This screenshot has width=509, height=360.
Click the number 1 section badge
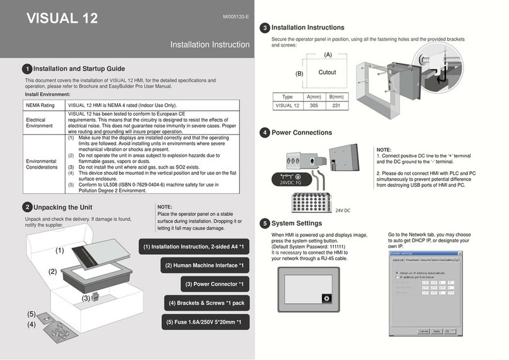[x=26, y=69]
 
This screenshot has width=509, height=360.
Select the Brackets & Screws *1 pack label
[x=207, y=303]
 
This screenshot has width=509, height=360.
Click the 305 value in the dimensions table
[x=312, y=106]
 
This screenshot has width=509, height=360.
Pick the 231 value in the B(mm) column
[x=336, y=106]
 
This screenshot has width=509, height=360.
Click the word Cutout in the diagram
[x=327, y=72]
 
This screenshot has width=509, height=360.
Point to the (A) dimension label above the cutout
[x=328, y=55]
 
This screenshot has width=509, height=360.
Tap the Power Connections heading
[x=301, y=133]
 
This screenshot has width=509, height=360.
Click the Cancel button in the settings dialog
[x=425, y=330]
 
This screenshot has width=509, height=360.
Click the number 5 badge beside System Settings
[x=265, y=223]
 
